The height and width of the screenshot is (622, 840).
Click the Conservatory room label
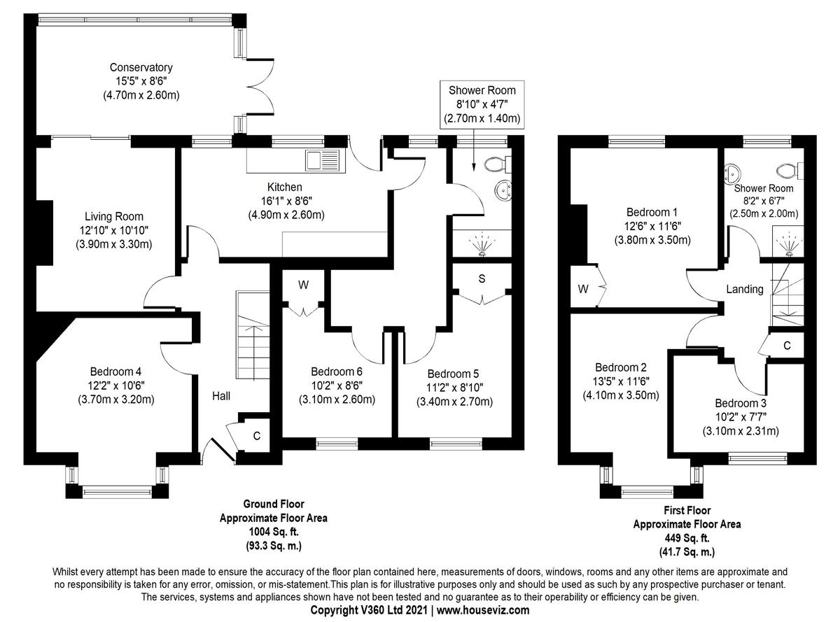[x=141, y=67]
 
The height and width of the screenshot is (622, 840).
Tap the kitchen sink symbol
[x=323, y=161]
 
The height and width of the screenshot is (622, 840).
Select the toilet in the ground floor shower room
[x=497, y=164]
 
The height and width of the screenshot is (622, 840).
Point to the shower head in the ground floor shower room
[x=482, y=246]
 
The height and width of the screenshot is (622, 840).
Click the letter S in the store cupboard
[x=482, y=278]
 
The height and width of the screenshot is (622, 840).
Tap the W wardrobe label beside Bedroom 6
[x=303, y=285]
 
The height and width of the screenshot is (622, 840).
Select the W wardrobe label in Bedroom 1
[x=583, y=289]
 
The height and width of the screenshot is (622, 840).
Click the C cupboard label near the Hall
[x=256, y=436]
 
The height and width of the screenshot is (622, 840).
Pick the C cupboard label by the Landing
[x=787, y=345]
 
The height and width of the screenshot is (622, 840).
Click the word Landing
[x=744, y=289]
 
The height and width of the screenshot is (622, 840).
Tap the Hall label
[x=220, y=396]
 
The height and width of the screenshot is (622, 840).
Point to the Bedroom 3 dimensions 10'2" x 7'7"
[x=741, y=417]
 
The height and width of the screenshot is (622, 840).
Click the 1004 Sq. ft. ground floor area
[x=274, y=532]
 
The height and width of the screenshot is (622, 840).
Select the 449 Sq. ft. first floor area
[x=687, y=538]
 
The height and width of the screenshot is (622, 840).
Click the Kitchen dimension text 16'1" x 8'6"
[x=286, y=201]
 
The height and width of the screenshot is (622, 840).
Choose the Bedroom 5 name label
[x=453, y=374]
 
